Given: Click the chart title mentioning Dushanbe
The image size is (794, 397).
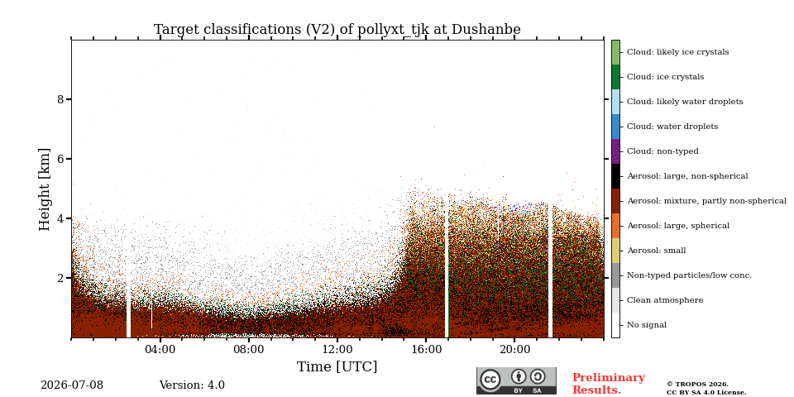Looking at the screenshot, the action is tap(337, 30).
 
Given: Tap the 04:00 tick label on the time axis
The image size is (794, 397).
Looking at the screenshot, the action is tap(160, 349).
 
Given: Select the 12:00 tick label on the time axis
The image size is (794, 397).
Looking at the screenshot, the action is tap(337, 349).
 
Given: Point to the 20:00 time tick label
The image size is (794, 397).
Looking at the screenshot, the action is tap(514, 349).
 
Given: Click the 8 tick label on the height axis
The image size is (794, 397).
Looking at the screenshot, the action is tap(61, 99).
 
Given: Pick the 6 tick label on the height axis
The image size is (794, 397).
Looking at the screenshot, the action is tap(61, 159).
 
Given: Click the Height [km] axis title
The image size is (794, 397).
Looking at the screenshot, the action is tap(45, 189).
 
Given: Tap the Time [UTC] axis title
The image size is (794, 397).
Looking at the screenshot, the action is tap(337, 366).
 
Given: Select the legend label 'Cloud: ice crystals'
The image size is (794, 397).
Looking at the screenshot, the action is tap(665, 77).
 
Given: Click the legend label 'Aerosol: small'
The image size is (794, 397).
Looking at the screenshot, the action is tap(657, 251).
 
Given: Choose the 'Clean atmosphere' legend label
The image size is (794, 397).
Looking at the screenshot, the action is tap(665, 300).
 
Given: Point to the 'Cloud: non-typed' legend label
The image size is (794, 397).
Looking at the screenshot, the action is tap(662, 151).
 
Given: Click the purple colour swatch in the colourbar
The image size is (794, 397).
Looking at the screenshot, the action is tap(615, 151).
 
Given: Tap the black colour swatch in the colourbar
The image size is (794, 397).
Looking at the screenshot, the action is tap(615, 176).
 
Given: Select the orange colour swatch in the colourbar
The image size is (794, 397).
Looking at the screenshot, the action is tap(615, 226).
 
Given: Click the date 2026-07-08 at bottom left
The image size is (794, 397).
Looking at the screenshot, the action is tap(72, 385).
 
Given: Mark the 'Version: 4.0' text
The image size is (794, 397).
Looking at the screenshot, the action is tap(192, 385).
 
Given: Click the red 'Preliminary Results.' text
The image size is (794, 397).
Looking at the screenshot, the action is tap(609, 384).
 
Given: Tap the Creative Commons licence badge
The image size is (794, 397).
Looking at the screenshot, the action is tap(516, 380).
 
